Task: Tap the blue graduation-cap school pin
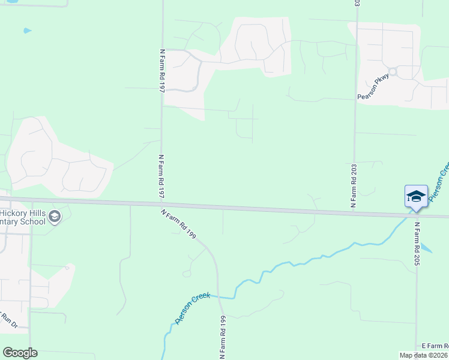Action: coord(416,196)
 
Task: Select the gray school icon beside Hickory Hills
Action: coord(55,217)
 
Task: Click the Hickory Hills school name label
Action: coord(23,217)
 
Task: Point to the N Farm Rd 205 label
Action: coord(415,244)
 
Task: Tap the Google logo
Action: coord(20,353)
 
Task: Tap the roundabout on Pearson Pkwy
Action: coord(393,72)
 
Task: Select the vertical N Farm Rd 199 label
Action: coord(221,337)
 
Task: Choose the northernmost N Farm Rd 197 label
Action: coord(161,70)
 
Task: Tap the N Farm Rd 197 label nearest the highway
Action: coord(160,176)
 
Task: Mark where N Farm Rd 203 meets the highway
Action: coord(354,211)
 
